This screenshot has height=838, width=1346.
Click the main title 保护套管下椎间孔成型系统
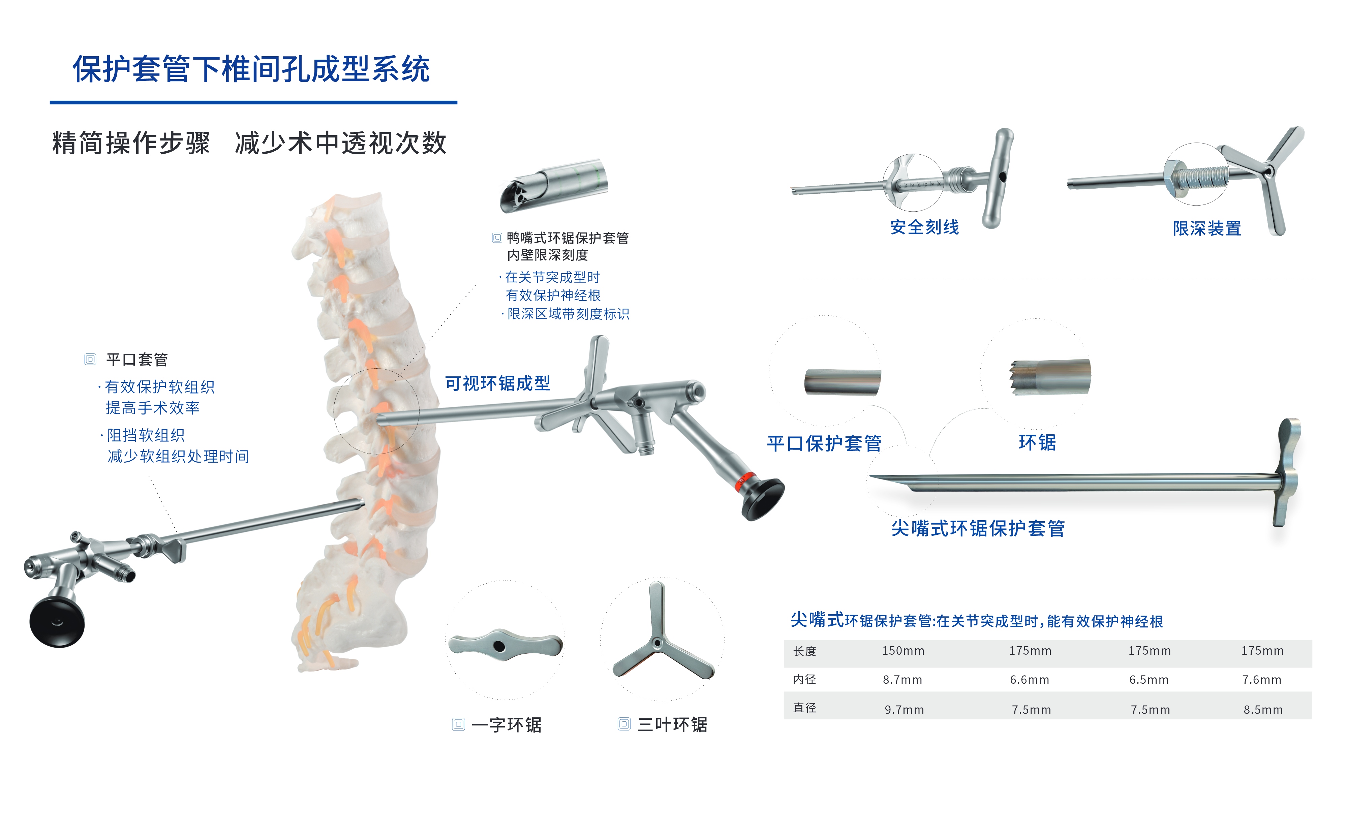[251, 69]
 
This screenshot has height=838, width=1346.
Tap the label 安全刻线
[924, 227]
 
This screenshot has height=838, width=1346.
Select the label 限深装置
[1207, 228]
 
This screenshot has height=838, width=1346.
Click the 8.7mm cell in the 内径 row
[903, 680]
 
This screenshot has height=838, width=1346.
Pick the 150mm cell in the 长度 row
[903, 651]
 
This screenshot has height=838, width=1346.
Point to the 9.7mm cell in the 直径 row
[904, 709]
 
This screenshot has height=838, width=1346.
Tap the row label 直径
[805, 708]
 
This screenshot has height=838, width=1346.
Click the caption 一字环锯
[507, 724]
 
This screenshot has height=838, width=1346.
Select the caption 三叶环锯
[672, 724]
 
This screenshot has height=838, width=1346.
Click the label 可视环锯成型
[498, 383]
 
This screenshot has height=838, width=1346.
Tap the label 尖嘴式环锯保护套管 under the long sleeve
[978, 528]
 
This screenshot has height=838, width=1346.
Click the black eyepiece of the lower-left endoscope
[57, 622]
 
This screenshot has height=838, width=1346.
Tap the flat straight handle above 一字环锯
[506, 645]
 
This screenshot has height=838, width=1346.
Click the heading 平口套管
[137, 360]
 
